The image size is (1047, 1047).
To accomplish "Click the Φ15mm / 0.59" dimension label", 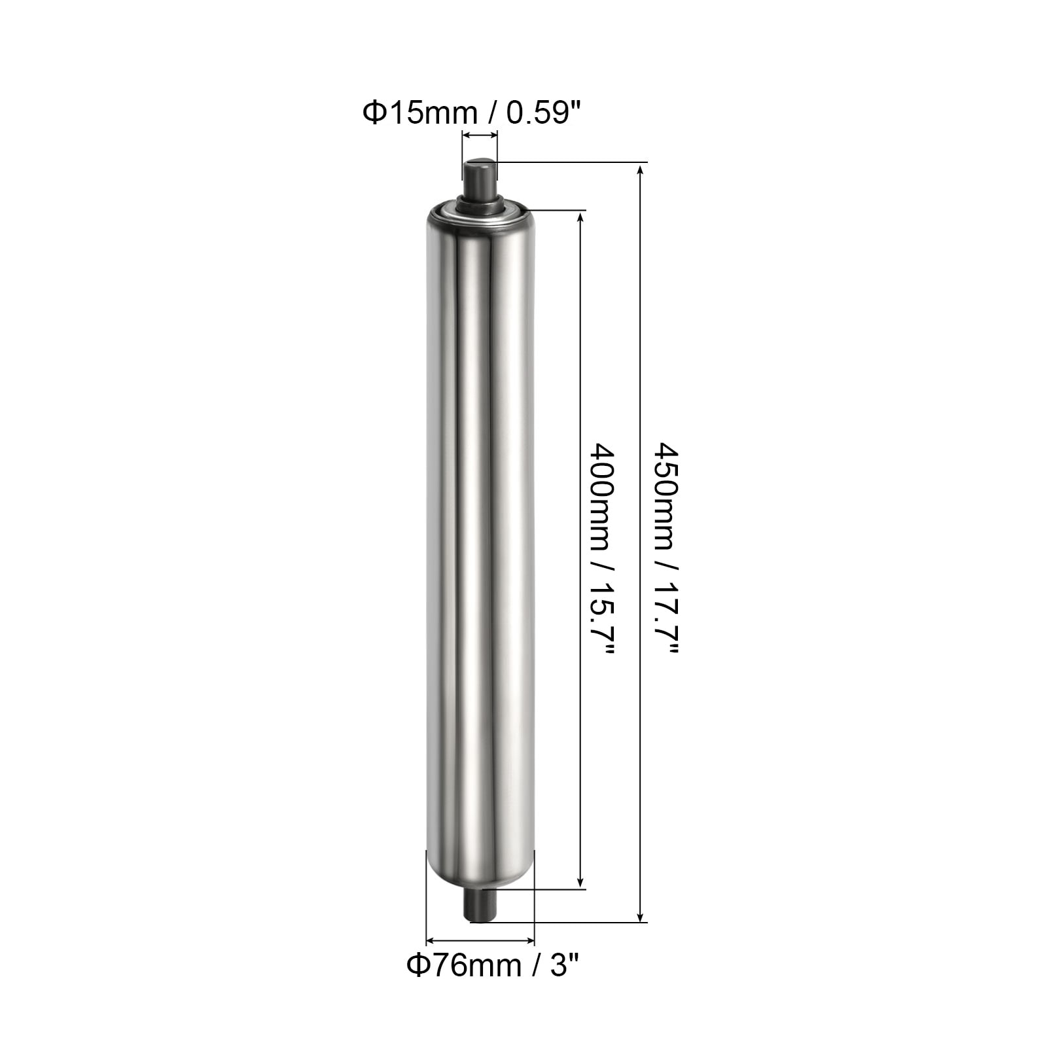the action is (472, 113).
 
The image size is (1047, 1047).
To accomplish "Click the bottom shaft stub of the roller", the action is (481, 906).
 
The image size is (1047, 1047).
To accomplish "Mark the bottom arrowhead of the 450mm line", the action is (640, 915).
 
